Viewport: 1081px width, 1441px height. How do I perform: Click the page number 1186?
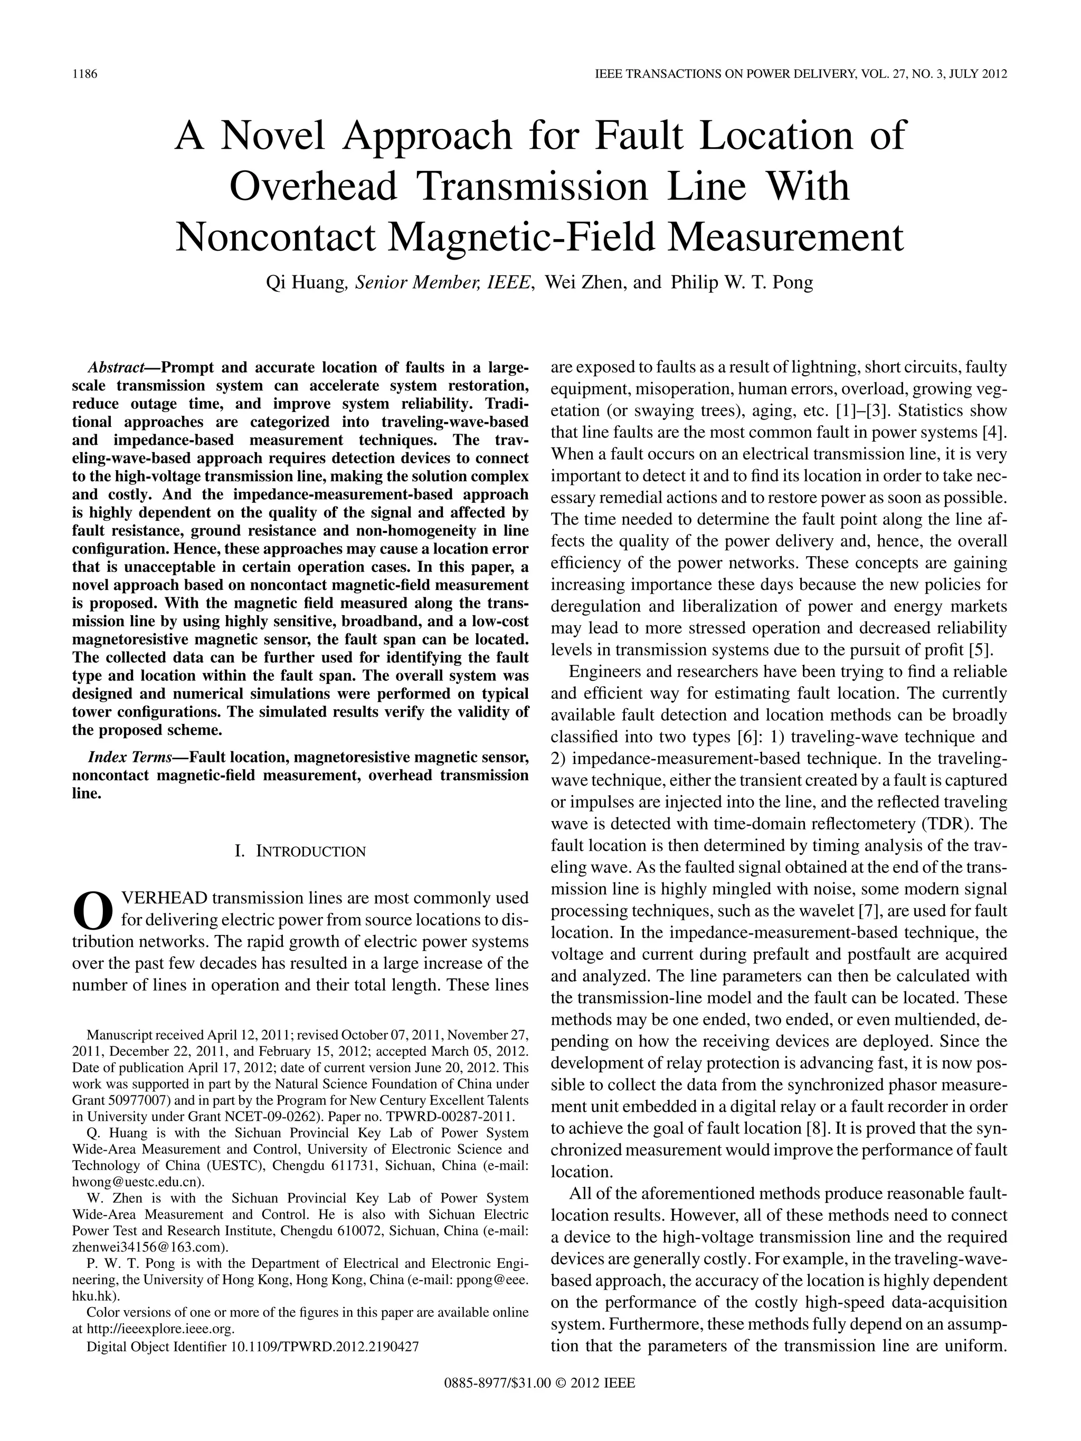pyautogui.click(x=84, y=74)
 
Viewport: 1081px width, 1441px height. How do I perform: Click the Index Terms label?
pyautogui.click(x=129, y=757)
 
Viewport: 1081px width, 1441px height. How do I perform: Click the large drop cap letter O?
pyautogui.click(x=92, y=910)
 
